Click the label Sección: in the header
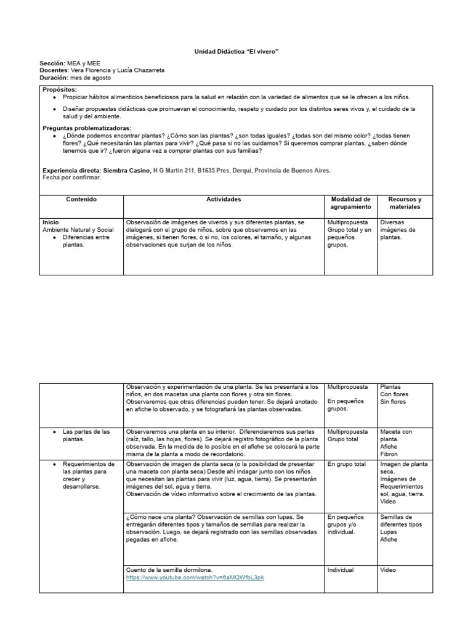click(x=52, y=63)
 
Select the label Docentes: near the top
click(x=54, y=71)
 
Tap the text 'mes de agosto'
click(x=91, y=78)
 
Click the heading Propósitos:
click(x=60, y=90)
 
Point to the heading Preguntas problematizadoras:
click(x=87, y=128)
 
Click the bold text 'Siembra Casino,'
click(x=127, y=170)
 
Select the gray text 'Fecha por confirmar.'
click(x=71, y=177)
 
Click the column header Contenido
click(x=81, y=200)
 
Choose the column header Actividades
click(x=224, y=200)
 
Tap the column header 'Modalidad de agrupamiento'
click(x=350, y=203)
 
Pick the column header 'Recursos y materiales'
click(x=405, y=203)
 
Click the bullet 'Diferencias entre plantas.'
click(x=86, y=241)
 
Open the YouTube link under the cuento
click(x=195, y=577)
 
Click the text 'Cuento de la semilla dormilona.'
click(x=171, y=570)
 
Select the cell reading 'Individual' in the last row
click(x=341, y=570)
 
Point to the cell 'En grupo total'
click(x=347, y=464)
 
